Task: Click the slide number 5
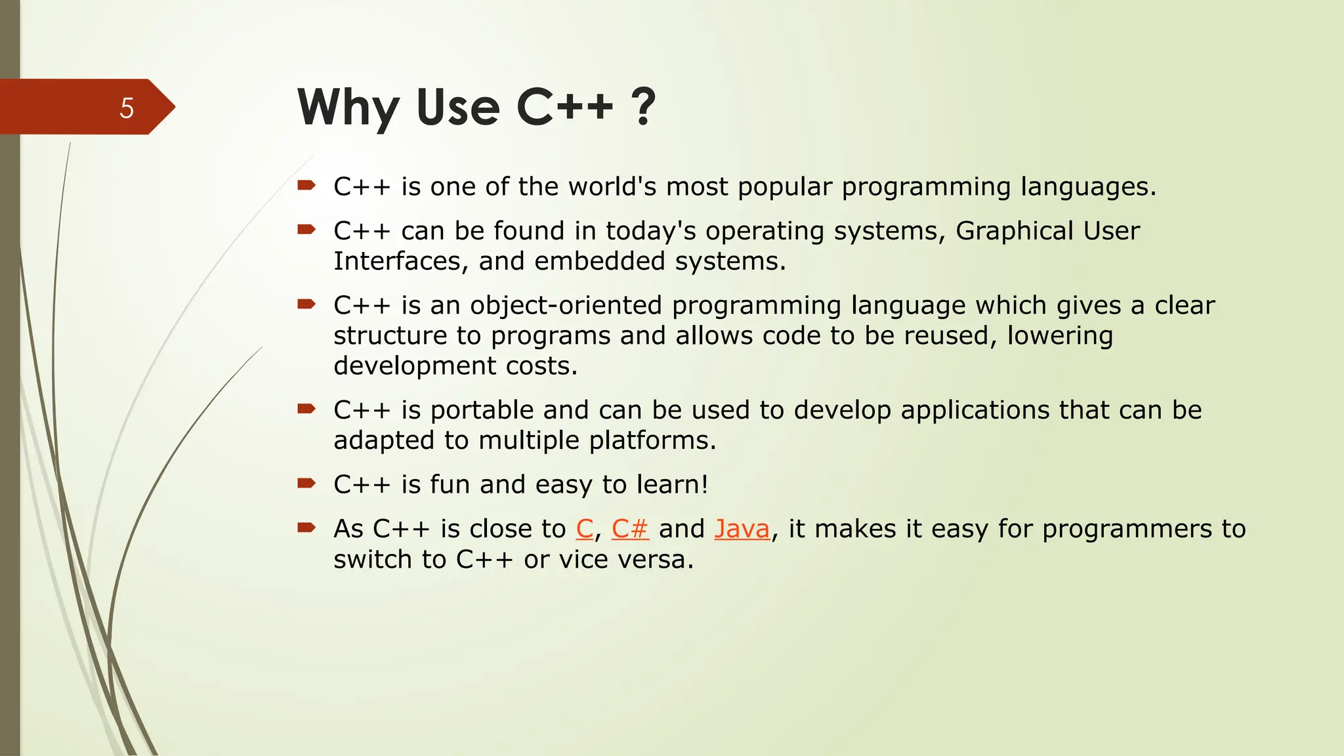[x=127, y=108]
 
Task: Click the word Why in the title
[x=348, y=108]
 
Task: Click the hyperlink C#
[x=630, y=529]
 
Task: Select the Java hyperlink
[x=742, y=529]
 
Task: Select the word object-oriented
[x=566, y=306]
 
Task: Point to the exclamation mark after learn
[x=705, y=485]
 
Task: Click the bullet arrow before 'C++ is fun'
[x=306, y=484]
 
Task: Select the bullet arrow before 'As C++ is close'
[x=306, y=528]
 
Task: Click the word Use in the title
[x=457, y=108]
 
